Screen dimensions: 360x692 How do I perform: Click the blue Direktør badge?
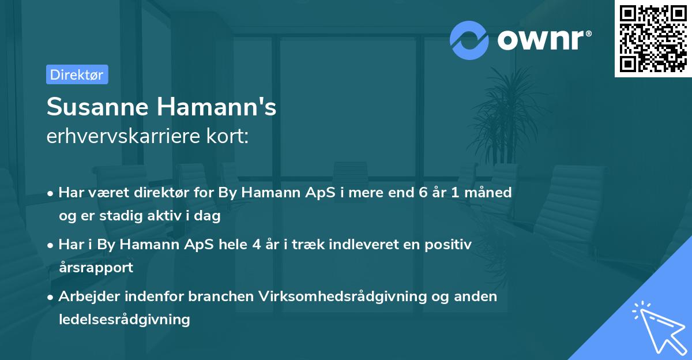[77, 74]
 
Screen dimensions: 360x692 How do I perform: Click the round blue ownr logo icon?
[469, 40]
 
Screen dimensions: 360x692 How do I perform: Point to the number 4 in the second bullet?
[256, 245]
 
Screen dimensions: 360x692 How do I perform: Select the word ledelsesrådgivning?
[124, 318]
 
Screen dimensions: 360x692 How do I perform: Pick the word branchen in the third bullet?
[221, 297]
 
